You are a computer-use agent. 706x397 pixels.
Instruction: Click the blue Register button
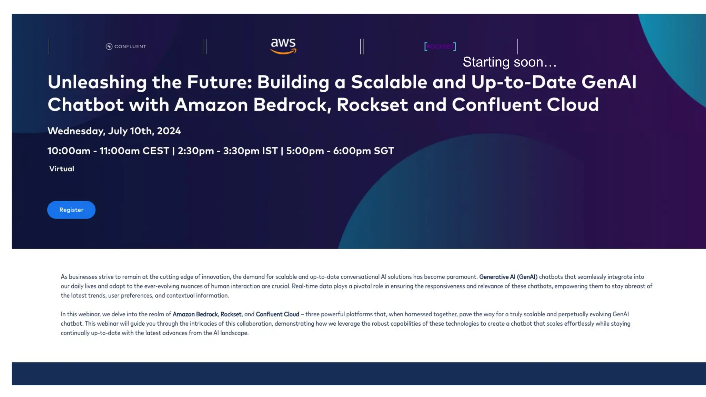tap(71, 210)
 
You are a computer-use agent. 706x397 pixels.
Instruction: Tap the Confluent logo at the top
tap(126, 47)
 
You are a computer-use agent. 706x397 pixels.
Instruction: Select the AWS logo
tap(283, 46)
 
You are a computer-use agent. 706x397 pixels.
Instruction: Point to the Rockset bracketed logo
tap(440, 47)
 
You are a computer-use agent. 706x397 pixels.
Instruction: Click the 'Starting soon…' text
tap(510, 62)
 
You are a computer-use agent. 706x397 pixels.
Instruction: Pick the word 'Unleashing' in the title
tap(97, 82)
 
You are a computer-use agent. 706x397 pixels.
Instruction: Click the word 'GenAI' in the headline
tap(609, 82)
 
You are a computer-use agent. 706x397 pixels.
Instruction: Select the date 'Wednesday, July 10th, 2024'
tap(114, 131)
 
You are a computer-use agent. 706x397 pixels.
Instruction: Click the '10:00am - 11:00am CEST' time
tap(108, 151)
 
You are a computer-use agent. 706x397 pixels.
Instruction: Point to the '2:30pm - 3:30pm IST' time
tap(228, 151)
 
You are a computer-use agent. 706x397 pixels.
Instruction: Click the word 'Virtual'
tap(62, 169)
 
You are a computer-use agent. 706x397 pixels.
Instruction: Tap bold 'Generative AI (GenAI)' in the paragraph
tap(508, 277)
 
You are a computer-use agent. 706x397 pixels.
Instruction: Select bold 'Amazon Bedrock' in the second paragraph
tap(195, 314)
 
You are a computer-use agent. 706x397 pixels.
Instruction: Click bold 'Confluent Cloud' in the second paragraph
tap(278, 314)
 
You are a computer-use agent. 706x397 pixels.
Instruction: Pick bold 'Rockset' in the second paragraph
tap(231, 314)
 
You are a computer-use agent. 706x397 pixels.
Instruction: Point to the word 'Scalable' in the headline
tap(389, 82)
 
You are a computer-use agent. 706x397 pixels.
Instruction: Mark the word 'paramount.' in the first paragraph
tap(462, 277)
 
